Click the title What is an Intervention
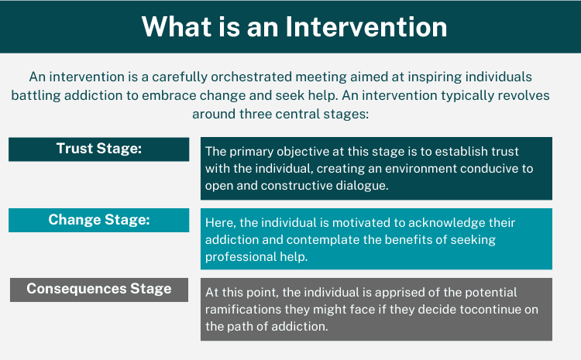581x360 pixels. pyautogui.click(x=294, y=27)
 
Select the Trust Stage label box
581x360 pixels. pyautogui.click(x=98, y=149)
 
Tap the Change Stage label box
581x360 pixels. pyautogui.click(x=98, y=220)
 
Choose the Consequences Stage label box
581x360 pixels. pyautogui.click(x=98, y=289)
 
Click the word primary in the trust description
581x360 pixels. pyautogui.click(x=256, y=151)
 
